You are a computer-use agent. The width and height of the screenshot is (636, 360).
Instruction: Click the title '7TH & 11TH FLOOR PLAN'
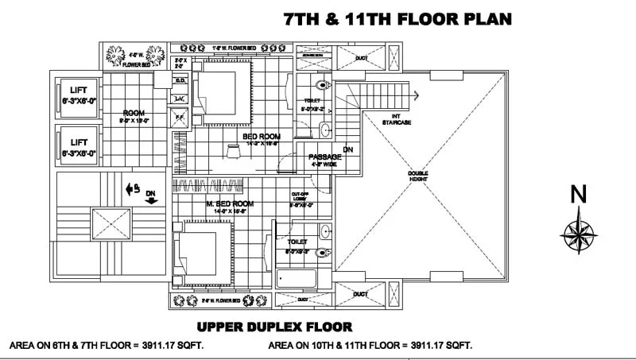[397, 19]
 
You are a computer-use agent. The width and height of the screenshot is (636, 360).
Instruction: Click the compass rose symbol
[580, 232]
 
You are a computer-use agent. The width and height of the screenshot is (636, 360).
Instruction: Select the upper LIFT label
[78, 91]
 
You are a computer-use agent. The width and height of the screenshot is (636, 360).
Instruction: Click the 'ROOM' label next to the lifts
[133, 113]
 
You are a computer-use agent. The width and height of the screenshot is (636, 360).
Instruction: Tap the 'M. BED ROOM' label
[230, 204]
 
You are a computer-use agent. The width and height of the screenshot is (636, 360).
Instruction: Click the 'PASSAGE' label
[325, 157]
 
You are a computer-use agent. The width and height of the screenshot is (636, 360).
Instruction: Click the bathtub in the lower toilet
[296, 279]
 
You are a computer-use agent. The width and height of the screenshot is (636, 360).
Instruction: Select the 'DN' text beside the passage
[348, 149]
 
